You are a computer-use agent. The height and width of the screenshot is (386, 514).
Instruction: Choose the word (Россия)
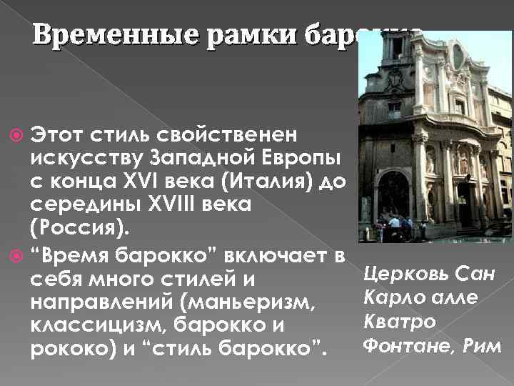click(71, 230)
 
